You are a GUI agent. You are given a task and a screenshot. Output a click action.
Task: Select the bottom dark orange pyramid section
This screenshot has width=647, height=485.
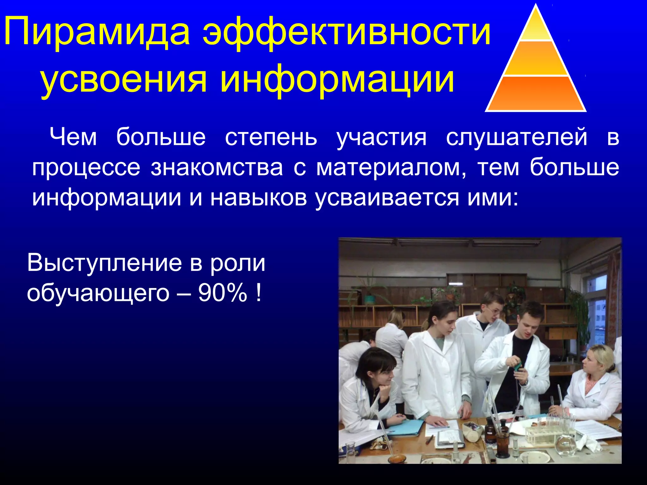tap(536, 94)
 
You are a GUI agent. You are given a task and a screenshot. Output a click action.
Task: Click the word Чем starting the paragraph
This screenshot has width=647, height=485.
tap(73, 137)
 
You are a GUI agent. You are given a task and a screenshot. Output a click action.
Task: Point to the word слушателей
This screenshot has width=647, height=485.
tap(517, 137)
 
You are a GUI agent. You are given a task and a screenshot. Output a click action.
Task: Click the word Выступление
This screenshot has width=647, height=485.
tap(104, 263)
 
